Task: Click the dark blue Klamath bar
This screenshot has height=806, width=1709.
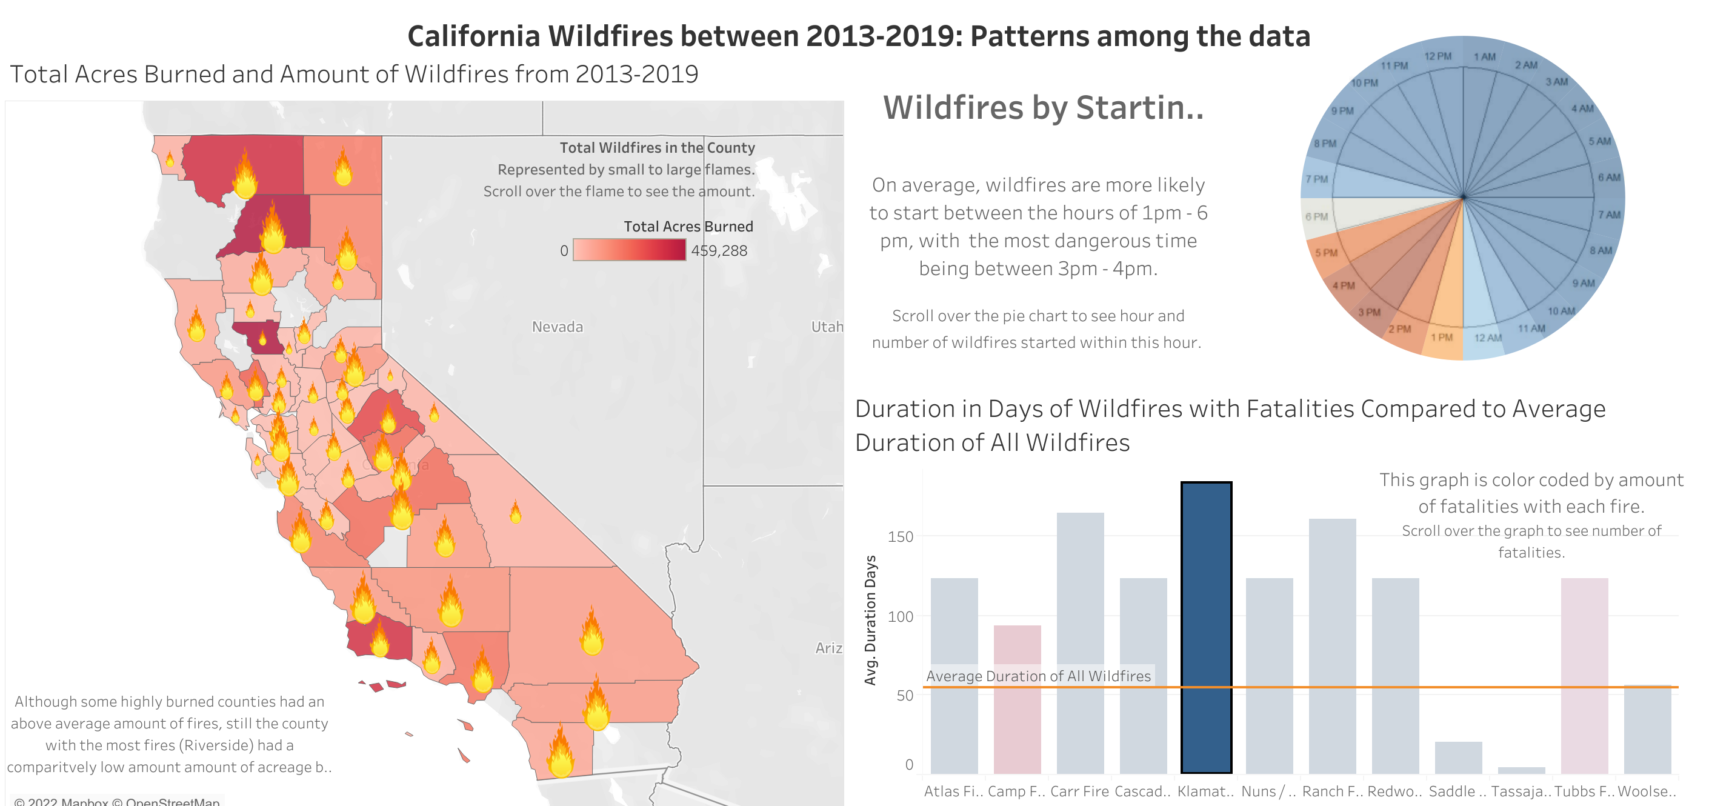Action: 1206,627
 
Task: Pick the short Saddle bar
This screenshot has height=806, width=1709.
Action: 1458,757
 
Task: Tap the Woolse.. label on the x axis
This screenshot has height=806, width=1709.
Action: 1647,791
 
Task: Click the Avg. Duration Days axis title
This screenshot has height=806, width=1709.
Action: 870,619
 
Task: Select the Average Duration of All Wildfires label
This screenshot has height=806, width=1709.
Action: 1038,675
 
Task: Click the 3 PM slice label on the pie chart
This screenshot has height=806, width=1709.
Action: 1368,311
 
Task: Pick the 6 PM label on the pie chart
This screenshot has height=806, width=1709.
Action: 1316,216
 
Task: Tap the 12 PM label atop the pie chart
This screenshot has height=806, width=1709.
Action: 1437,56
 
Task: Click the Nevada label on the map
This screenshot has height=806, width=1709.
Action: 558,327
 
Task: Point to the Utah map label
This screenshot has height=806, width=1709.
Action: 827,327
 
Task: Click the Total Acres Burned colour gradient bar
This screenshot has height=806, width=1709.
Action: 628,250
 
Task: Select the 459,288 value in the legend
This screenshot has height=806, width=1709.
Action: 719,251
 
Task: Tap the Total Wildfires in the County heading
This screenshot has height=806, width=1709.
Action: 657,147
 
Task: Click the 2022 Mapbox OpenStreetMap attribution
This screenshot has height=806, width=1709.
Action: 117,801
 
